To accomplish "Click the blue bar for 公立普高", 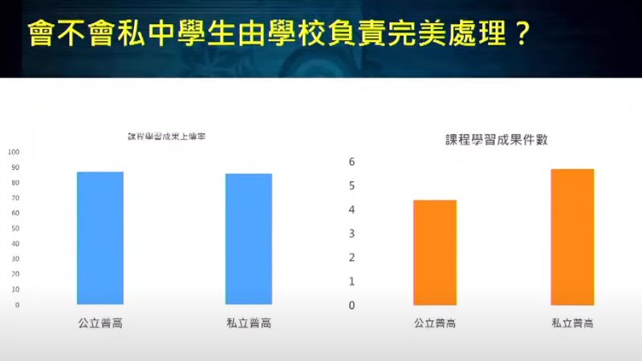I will pos(100,238).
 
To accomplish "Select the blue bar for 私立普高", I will pos(249,239).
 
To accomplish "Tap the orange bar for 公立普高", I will pos(435,252).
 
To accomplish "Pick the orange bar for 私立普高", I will pos(572,237).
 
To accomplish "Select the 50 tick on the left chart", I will pos(16,229).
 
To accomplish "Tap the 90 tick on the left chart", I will pos(16,168).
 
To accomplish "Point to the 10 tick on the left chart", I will pos(16,290).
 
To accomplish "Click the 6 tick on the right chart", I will pos(351,161).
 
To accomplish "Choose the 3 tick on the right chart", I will pos(351,233).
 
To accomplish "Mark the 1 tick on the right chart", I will pos(351,282).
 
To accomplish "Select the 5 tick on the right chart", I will pos(351,185).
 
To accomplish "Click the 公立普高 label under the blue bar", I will pos(100,324).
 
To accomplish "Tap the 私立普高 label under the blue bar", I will pos(249,324).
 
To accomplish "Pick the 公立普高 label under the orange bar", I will pos(435,324).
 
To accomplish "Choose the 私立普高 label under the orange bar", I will pos(572,324).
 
